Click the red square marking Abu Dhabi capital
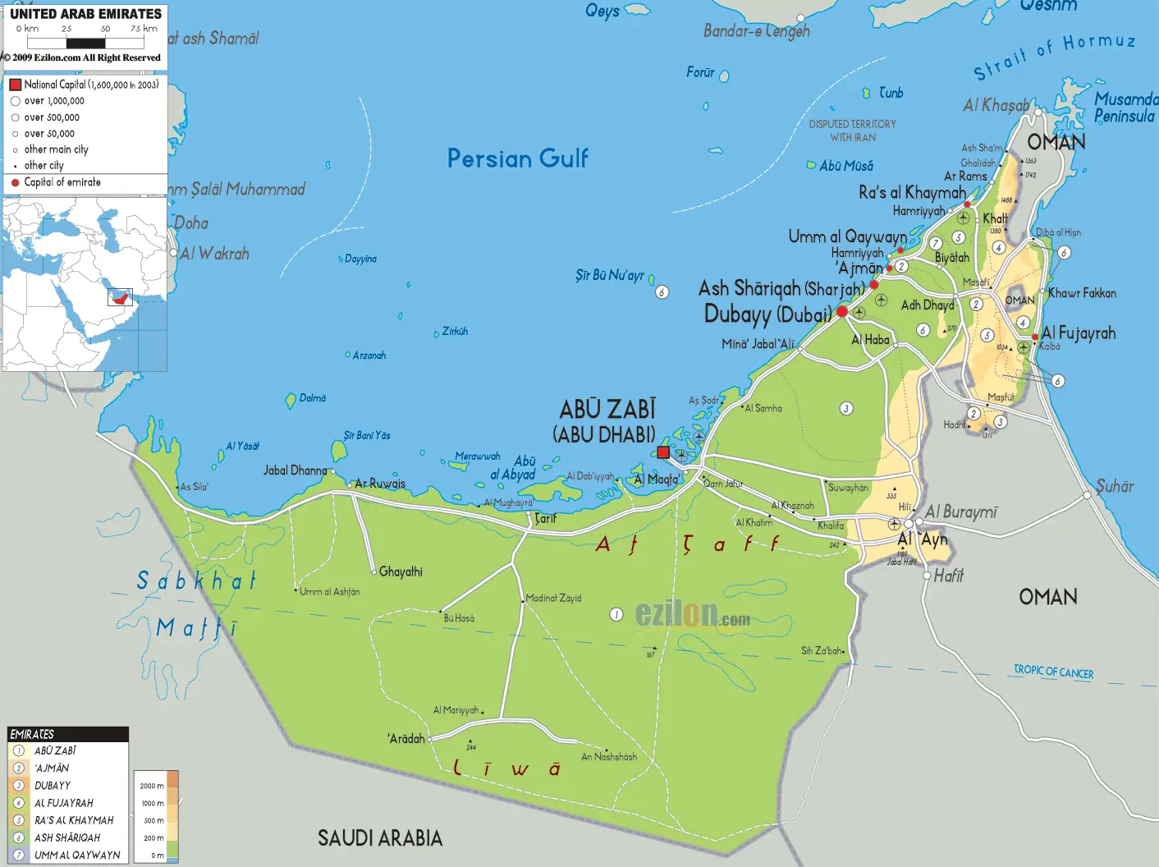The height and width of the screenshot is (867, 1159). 663,452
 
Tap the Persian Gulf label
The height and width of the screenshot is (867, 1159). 517,158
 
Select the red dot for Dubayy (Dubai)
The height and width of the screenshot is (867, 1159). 842,312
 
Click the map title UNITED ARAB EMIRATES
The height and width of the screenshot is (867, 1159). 85,14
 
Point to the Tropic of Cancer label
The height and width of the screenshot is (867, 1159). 1053,672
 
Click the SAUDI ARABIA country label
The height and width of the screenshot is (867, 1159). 380,838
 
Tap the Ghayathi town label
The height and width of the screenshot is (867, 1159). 401,571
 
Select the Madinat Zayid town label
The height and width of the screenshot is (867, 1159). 553,599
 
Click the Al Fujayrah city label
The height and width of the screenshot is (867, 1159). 1079,333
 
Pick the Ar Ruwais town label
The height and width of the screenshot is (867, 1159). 380,484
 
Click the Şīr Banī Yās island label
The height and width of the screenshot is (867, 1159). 367,436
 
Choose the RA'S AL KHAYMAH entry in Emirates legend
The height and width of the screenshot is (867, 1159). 74,820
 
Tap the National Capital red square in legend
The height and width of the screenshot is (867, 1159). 15,85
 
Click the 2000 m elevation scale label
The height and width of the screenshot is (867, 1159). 152,786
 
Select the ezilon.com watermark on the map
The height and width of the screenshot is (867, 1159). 692,614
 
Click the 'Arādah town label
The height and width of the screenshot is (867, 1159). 406,739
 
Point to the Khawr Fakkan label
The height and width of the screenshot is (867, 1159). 1082,293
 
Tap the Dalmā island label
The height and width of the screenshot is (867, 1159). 312,398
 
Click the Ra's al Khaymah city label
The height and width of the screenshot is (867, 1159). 912,193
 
